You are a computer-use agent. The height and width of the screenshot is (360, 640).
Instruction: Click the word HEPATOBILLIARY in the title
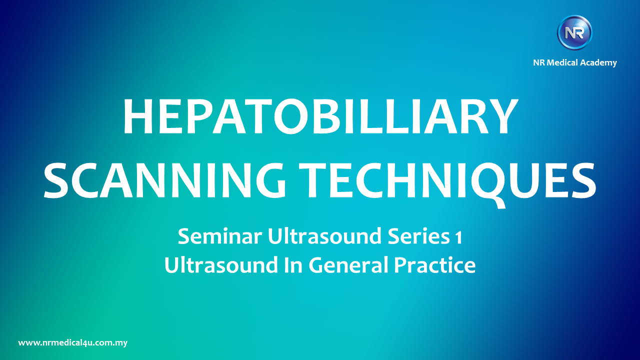click(x=320, y=116)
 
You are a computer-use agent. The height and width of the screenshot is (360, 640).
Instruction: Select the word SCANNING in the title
click(x=165, y=180)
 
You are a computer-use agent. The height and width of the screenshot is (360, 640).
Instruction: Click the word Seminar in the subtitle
click(x=220, y=236)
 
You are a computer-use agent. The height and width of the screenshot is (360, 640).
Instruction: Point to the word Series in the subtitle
click(x=418, y=236)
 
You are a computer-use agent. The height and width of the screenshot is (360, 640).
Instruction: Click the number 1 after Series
click(x=459, y=237)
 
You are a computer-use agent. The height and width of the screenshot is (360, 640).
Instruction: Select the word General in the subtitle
click(x=348, y=265)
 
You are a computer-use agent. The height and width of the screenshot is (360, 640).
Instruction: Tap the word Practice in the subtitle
click(x=435, y=265)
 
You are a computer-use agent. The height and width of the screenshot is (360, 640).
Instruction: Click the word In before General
click(x=293, y=265)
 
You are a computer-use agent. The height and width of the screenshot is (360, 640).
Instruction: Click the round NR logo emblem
click(x=574, y=32)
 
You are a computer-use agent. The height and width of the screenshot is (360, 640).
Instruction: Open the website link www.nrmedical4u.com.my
click(x=73, y=343)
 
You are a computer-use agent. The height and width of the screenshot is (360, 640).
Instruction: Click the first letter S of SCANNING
click(x=56, y=180)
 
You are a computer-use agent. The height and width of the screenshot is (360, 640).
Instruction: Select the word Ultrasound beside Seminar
click(x=324, y=236)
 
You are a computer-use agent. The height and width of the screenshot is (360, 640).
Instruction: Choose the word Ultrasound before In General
click(x=221, y=265)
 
